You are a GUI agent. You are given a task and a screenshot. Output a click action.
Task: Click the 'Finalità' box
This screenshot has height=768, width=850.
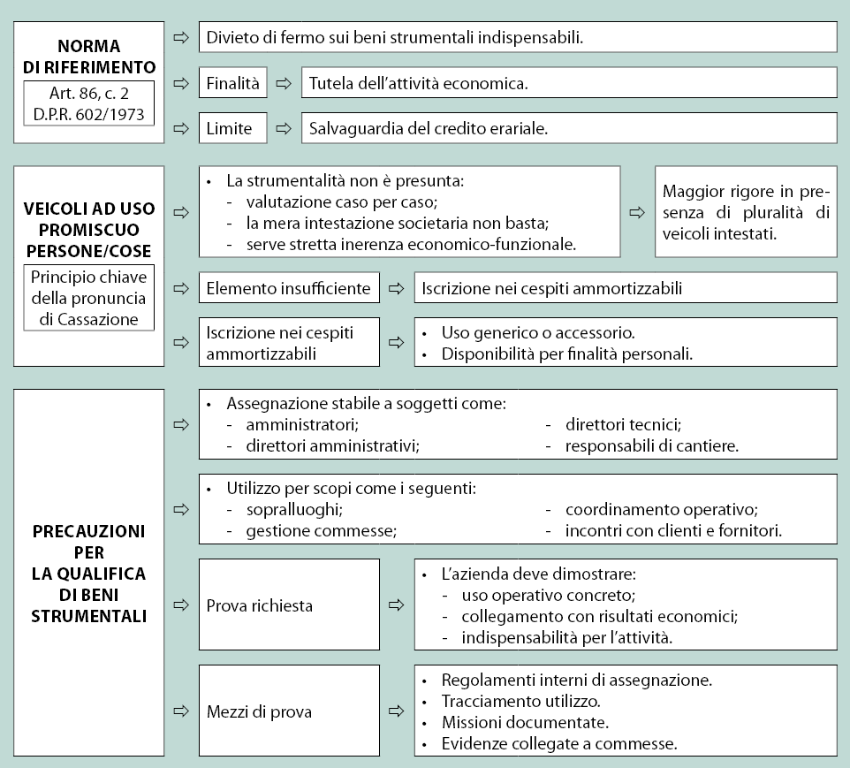232,84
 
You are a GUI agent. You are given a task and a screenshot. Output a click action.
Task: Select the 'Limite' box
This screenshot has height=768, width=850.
232,128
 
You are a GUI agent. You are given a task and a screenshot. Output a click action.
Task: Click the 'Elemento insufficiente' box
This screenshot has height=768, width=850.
289,287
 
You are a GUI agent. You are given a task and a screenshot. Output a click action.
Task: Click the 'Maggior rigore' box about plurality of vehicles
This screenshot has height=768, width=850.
746,212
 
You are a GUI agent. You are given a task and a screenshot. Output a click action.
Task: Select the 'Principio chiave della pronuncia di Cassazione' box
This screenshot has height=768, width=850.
89,298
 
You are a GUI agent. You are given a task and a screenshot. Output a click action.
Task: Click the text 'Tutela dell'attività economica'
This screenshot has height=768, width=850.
418,84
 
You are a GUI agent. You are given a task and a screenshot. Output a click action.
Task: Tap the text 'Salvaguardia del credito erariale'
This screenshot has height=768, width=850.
428,128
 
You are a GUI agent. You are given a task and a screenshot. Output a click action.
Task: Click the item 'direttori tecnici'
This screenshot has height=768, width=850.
623,425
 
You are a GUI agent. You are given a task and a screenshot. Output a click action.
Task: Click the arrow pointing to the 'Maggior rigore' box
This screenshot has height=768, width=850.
636,213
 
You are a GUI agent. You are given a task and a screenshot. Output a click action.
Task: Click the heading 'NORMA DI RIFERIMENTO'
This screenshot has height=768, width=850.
88,56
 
